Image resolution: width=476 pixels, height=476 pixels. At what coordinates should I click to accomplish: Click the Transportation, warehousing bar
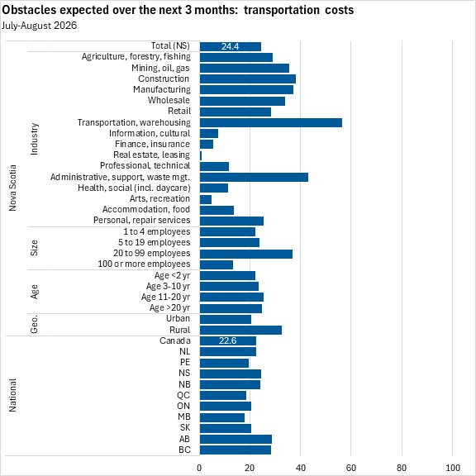(x=271, y=122)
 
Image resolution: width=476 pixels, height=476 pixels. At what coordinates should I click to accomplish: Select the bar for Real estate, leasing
(x=201, y=155)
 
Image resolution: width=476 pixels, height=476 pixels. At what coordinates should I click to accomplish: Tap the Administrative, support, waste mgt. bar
(x=254, y=178)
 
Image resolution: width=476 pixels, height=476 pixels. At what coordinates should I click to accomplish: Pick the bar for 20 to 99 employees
(x=246, y=254)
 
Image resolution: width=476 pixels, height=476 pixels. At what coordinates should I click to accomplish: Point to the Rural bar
(x=240, y=331)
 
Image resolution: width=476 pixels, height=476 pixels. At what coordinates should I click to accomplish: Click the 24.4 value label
(x=230, y=46)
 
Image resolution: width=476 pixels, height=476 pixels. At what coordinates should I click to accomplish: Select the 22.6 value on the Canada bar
(x=227, y=340)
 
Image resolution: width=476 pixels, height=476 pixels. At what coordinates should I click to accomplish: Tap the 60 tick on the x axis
(x=351, y=468)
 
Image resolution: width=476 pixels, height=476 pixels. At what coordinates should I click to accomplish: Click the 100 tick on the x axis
(x=452, y=468)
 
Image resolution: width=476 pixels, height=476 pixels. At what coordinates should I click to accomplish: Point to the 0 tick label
(x=199, y=468)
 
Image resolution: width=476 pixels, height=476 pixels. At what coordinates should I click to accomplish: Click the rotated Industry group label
(x=35, y=139)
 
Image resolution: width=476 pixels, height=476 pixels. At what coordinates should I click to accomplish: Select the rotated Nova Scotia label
(x=12, y=188)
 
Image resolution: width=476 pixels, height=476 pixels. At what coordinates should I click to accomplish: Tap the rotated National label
(x=12, y=395)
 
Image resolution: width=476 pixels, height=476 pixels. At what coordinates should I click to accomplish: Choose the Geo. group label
(x=35, y=324)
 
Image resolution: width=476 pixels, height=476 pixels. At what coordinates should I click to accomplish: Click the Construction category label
(x=164, y=79)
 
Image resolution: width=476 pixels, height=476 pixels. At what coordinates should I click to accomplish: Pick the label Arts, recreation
(x=159, y=198)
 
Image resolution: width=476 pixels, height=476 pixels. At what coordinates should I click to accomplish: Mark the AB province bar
(x=236, y=439)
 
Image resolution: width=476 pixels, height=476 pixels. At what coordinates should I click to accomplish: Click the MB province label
(x=184, y=416)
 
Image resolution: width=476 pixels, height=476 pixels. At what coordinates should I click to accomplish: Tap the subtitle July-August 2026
(x=39, y=26)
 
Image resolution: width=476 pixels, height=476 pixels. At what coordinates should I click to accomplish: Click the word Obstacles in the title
(x=29, y=10)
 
